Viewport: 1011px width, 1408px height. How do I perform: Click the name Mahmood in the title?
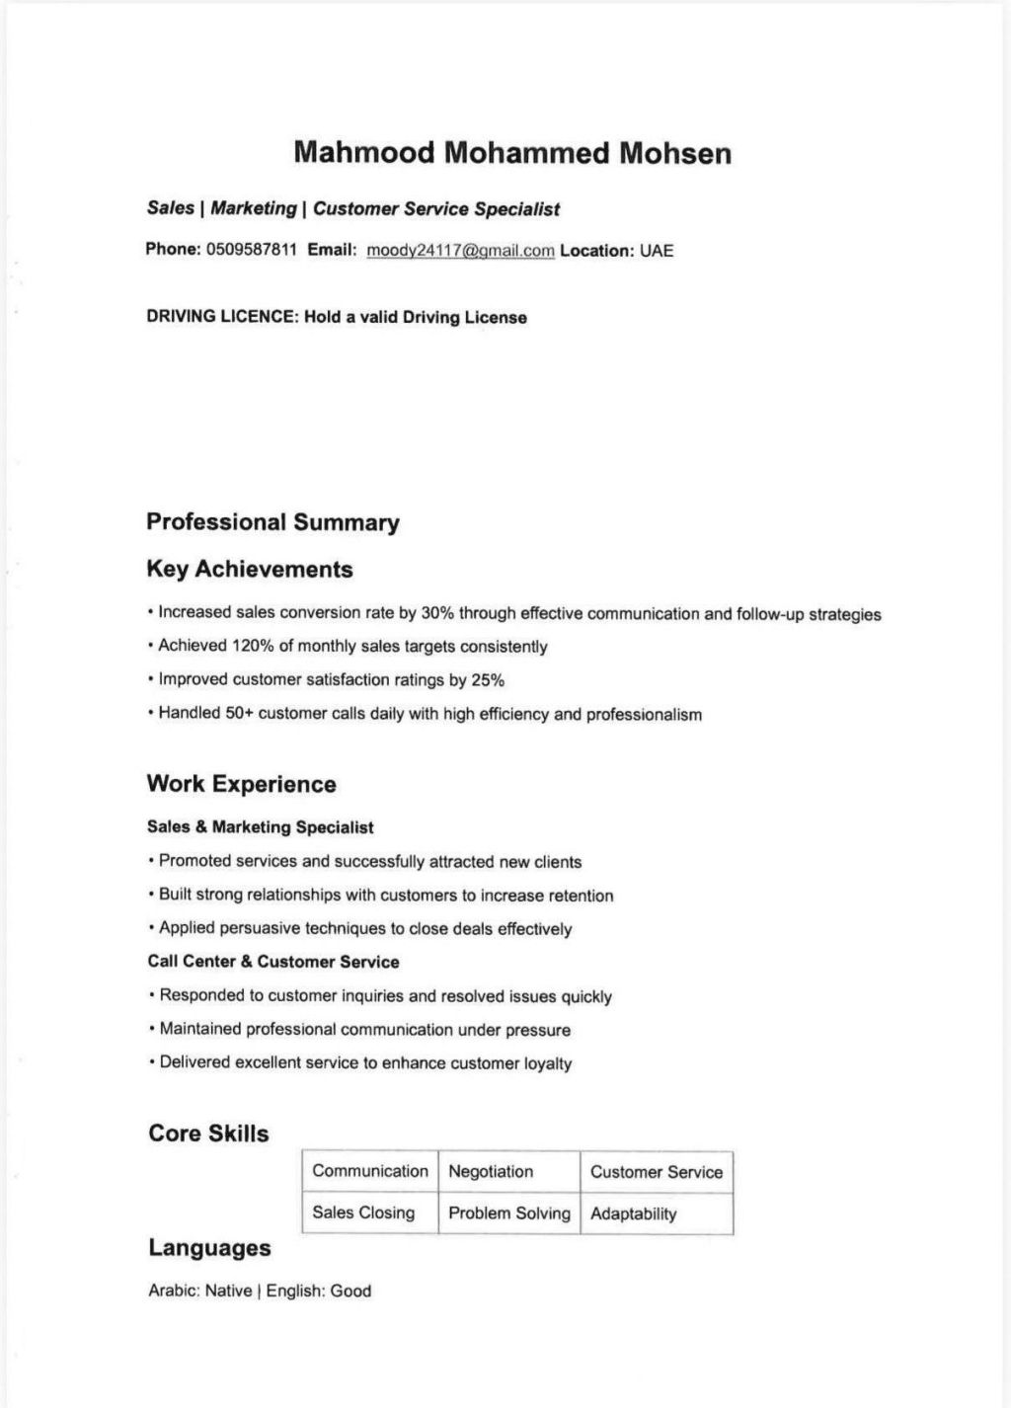coord(364,153)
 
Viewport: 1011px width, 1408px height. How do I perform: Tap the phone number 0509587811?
coord(251,249)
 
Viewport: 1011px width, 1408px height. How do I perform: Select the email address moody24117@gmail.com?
coord(460,251)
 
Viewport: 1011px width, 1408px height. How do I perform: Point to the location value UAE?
coord(657,251)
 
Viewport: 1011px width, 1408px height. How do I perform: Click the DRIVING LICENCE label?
coord(221,317)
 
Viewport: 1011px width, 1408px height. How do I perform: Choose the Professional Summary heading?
coord(272,522)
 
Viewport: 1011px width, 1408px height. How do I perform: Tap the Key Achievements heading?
coord(249,570)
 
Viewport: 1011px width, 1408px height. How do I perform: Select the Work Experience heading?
coord(241,785)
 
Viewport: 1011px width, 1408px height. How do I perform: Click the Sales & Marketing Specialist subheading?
coord(261,827)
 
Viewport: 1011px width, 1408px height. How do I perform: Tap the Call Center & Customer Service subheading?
coord(273,962)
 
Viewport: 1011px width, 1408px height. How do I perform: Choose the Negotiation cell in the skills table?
coord(491,1172)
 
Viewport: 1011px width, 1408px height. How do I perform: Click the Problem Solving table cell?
coord(509,1213)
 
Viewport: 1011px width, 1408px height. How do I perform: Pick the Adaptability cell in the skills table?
coord(634,1214)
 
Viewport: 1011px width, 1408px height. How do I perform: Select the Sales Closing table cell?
coord(363,1213)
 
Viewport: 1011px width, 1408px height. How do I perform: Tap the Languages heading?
coord(209,1248)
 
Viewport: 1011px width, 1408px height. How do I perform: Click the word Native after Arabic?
coord(228,1291)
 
